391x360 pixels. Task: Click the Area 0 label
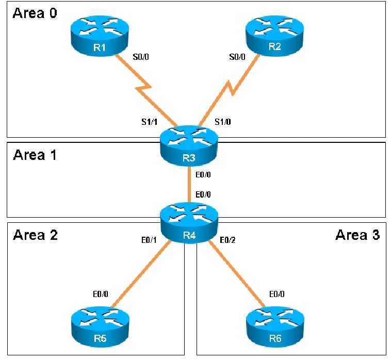pos(35,13)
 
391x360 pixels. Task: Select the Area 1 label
pos(35,155)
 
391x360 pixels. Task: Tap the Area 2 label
pos(35,236)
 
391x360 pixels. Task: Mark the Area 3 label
pos(357,236)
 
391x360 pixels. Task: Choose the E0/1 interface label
pos(149,240)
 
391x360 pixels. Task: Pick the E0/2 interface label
pos(228,240)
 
